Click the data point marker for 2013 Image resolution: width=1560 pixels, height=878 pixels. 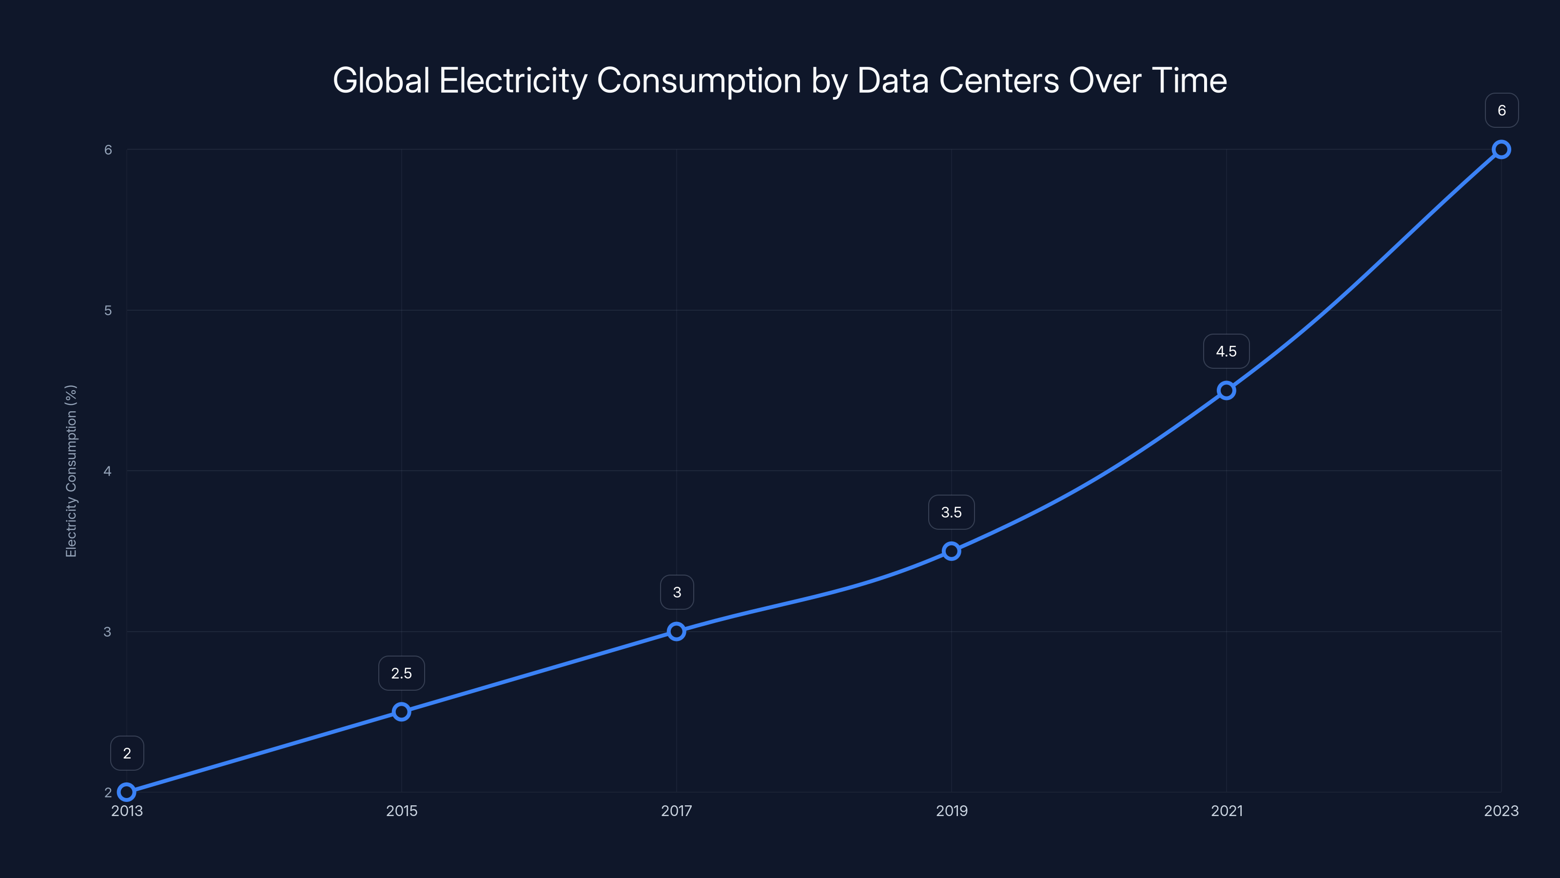tap(127, 792)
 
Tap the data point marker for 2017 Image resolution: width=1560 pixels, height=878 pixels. tap(677, 631)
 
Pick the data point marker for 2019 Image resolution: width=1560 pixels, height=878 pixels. tap(952, 551)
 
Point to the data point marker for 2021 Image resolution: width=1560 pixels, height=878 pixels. tap(1227, 390)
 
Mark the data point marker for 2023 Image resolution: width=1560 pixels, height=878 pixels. tap(1501, 149)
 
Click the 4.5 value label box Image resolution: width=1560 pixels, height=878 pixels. tap(1227, 351)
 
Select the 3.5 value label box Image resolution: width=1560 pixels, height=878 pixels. tap(952, 513)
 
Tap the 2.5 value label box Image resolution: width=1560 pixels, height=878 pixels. tap(402, 673)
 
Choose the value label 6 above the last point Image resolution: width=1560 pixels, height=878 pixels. tap(1501, 110)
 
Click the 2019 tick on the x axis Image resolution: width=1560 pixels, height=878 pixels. tap(952, 811)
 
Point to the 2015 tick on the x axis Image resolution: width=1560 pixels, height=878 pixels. tap(402, 811)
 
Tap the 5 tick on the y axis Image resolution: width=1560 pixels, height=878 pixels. tap(108, 310)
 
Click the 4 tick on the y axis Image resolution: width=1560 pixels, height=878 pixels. tap(108, 471)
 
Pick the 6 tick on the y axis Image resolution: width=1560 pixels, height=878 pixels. tap(108, 150)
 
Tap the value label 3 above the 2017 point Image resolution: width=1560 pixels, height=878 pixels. tap(677, 593)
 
